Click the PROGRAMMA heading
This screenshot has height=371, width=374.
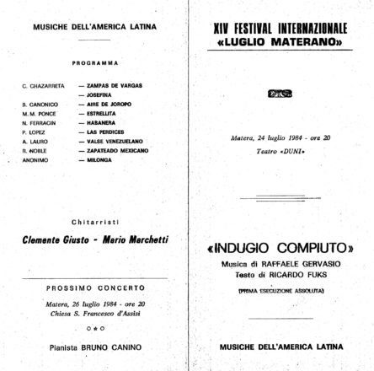(x=95, y=62)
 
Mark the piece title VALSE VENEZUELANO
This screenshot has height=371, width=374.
(x=108, y=141)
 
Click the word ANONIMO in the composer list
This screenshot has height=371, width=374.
(x=35, y=159)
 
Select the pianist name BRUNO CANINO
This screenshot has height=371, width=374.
(x=118, y=346)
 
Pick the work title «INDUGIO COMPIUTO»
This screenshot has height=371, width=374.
(x=280, y=250)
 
